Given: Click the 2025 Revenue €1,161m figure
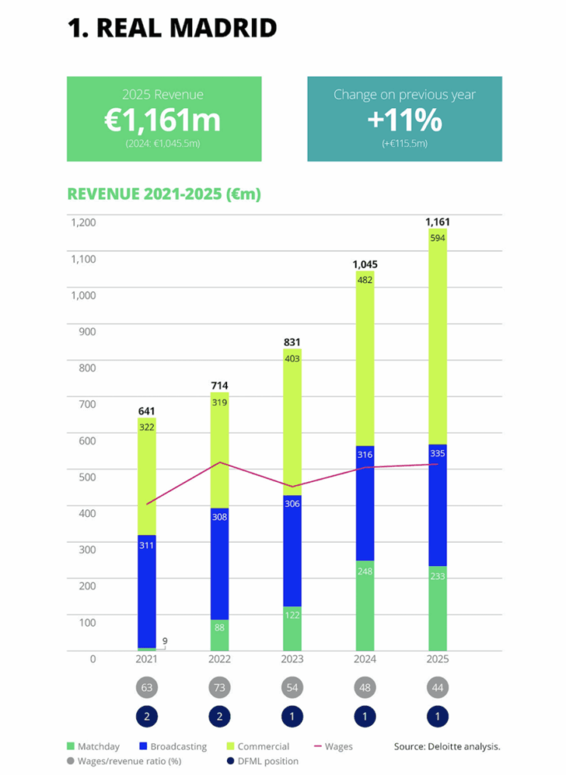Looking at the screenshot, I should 163,120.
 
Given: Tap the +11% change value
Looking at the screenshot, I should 404,120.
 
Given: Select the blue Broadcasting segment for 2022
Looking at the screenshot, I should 219,564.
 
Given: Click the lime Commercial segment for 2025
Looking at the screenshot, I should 437,337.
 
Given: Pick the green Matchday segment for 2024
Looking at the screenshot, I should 365,605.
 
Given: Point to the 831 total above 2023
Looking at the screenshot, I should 292,341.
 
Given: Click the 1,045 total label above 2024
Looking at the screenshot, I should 365,264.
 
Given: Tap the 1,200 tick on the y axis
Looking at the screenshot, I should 84,223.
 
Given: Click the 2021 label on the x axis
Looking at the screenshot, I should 147,659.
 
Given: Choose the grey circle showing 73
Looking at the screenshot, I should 219,687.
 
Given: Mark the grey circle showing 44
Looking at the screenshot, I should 437,687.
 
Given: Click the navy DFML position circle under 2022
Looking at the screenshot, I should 219,716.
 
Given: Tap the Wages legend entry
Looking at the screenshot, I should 332,746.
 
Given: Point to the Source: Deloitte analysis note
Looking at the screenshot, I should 447,746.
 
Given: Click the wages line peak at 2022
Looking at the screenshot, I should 219,462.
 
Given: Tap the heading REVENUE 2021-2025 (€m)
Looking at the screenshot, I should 163,194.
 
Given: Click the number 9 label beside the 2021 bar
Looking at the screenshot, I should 165,642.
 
